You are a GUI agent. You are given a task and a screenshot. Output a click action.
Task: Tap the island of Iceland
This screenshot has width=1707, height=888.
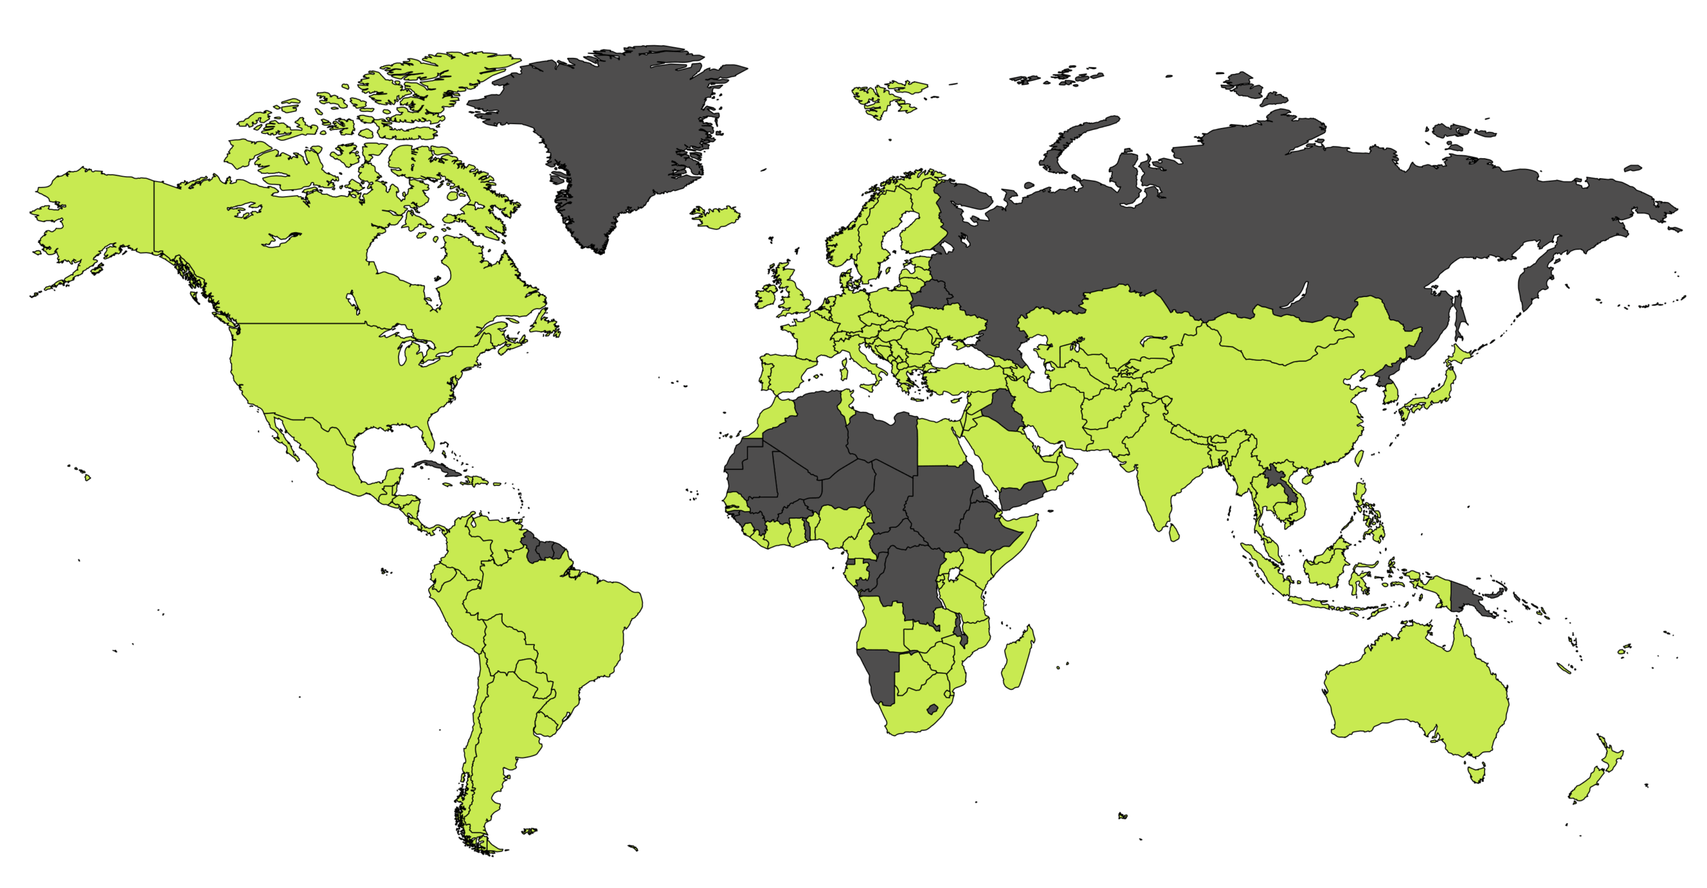(716, 217)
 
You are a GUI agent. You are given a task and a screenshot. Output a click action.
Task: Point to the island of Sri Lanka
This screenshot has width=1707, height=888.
(1174, 532)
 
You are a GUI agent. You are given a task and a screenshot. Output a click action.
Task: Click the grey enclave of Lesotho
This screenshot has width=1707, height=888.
(933, 708)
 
